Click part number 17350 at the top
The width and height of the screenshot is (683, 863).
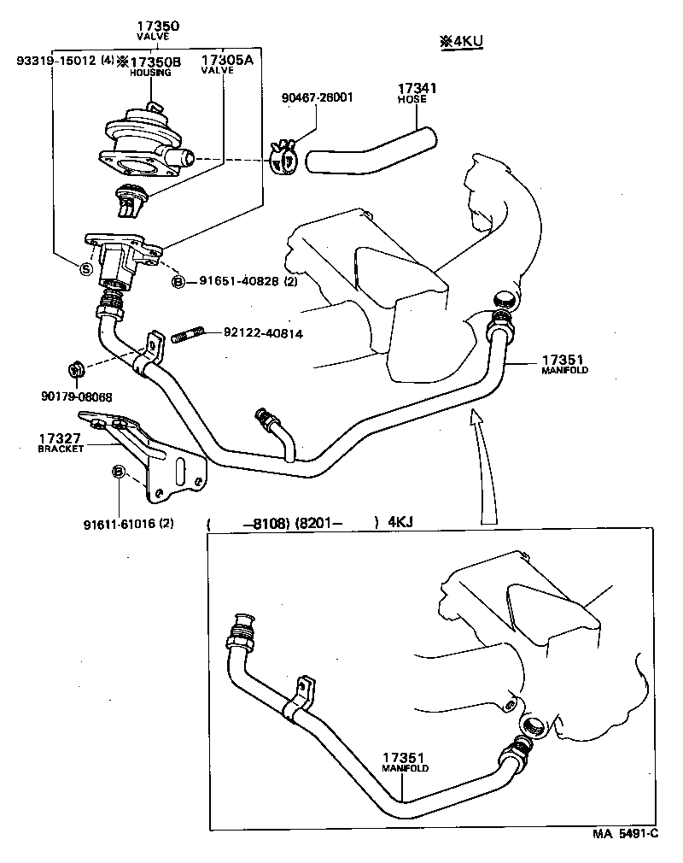click(158, 27)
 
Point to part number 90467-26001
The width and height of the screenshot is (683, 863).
click(317, 97)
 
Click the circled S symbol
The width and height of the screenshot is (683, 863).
click(85, 268)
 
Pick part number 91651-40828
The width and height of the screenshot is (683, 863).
click(241, 281)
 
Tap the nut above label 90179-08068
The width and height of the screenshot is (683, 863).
click(74, 370)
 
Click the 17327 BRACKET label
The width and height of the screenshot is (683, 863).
click(60, 443)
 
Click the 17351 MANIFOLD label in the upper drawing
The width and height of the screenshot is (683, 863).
click(564, 364)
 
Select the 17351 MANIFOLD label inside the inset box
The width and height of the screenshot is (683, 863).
click(405, 762)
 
